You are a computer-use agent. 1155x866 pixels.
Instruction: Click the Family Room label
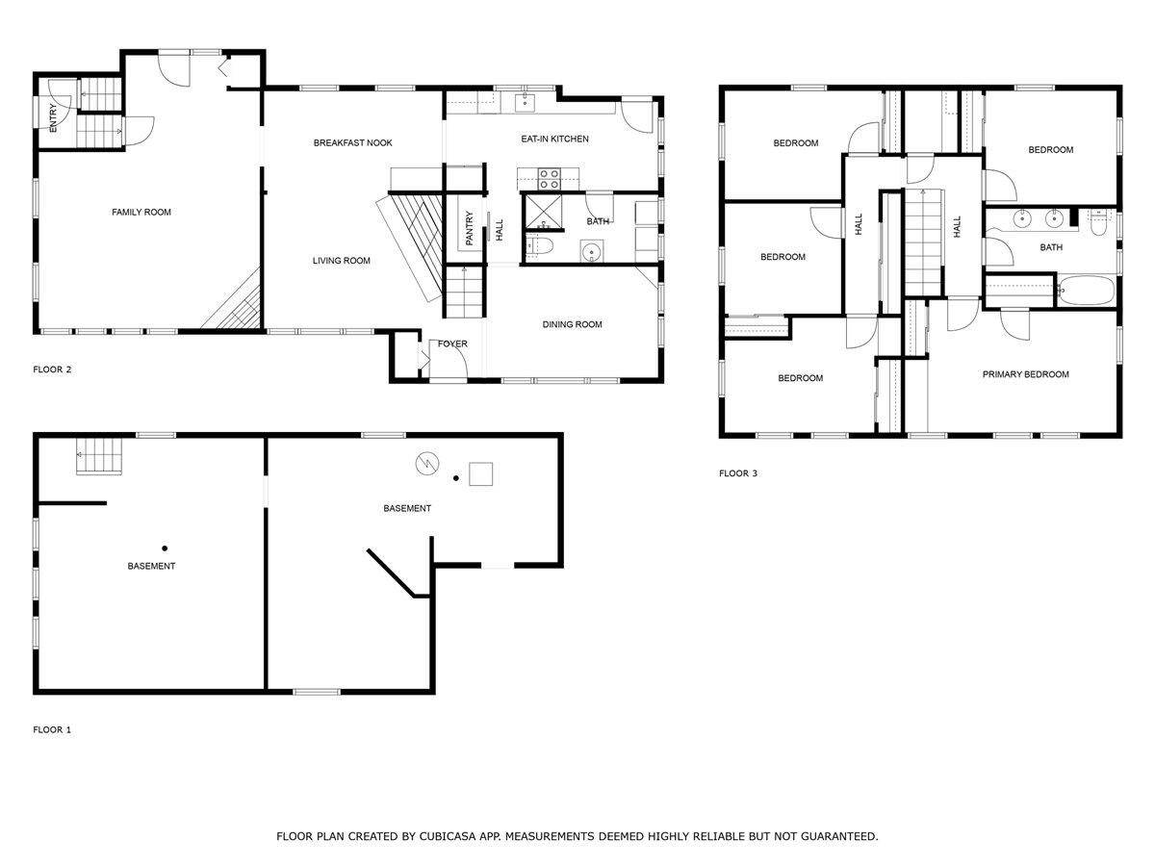click(x=141, y=212)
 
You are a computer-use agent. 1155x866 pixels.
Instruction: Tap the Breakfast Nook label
click(x=352, y=143)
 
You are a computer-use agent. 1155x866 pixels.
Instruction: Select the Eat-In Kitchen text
click(x=554, y=140)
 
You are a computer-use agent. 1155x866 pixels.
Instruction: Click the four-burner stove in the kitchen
click(x=549, y=179)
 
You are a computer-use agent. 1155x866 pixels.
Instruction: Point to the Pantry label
click(x=470, y=228)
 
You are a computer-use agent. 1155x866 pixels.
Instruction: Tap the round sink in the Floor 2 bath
click(x=592, y=253)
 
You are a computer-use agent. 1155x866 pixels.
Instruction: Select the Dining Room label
click(x=572, y=325)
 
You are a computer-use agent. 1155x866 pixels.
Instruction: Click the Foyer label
click(x=452, y=344)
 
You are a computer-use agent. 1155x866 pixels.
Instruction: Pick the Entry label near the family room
click(x=54, y=117)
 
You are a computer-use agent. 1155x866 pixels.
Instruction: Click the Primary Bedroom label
click(x=1025, y=374)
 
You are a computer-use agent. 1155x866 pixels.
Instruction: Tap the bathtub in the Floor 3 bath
click(x=1085, y=289)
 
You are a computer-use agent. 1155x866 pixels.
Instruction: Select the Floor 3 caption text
click(x=738, y=473)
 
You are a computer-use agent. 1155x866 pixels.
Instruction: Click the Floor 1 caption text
click(x=52, y=730)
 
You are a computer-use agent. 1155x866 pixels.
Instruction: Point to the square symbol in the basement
click(x=480, y=474)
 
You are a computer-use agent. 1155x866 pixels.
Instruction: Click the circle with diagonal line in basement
click(x=426, y=464)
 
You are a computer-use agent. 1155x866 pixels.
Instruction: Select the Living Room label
click(x=341, y=261)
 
